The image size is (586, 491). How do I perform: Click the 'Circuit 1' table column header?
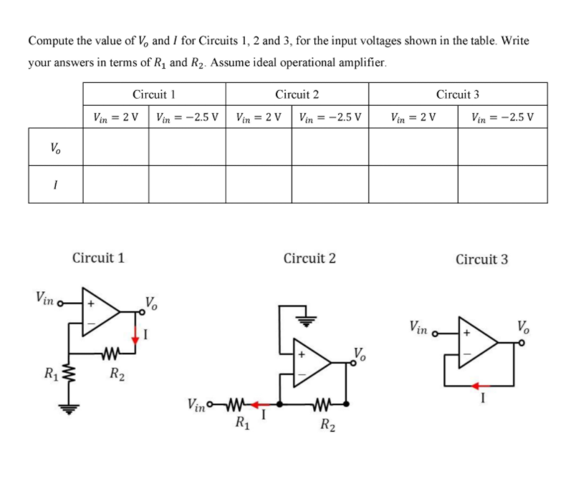pyautogui.click(x=154, y=94)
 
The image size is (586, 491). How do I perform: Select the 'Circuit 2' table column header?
pyautogui.click(x=297, y=94)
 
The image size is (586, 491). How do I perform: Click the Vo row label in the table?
pyautogui.click(x=55, y=148)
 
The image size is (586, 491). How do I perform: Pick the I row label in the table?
pyautogui.click(x=55, y=185)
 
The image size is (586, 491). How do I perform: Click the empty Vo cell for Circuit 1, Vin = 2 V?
pyautogui.click(x=115, y=147)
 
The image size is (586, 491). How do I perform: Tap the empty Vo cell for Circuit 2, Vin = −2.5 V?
pyautogui.click(x=330, y=147)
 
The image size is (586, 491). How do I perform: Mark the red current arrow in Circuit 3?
pyautogui.click(x=476, y=386)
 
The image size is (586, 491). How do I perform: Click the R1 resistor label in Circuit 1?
pyautogui.click(x=48, y=373)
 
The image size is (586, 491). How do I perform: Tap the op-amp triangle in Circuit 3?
pyautogui.click(x=477, y=344)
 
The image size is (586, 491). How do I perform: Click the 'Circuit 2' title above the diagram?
pyautogui.click(x=309, y=258)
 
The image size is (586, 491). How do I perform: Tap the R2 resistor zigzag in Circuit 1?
pyautogui.click(x=110, y=351)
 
